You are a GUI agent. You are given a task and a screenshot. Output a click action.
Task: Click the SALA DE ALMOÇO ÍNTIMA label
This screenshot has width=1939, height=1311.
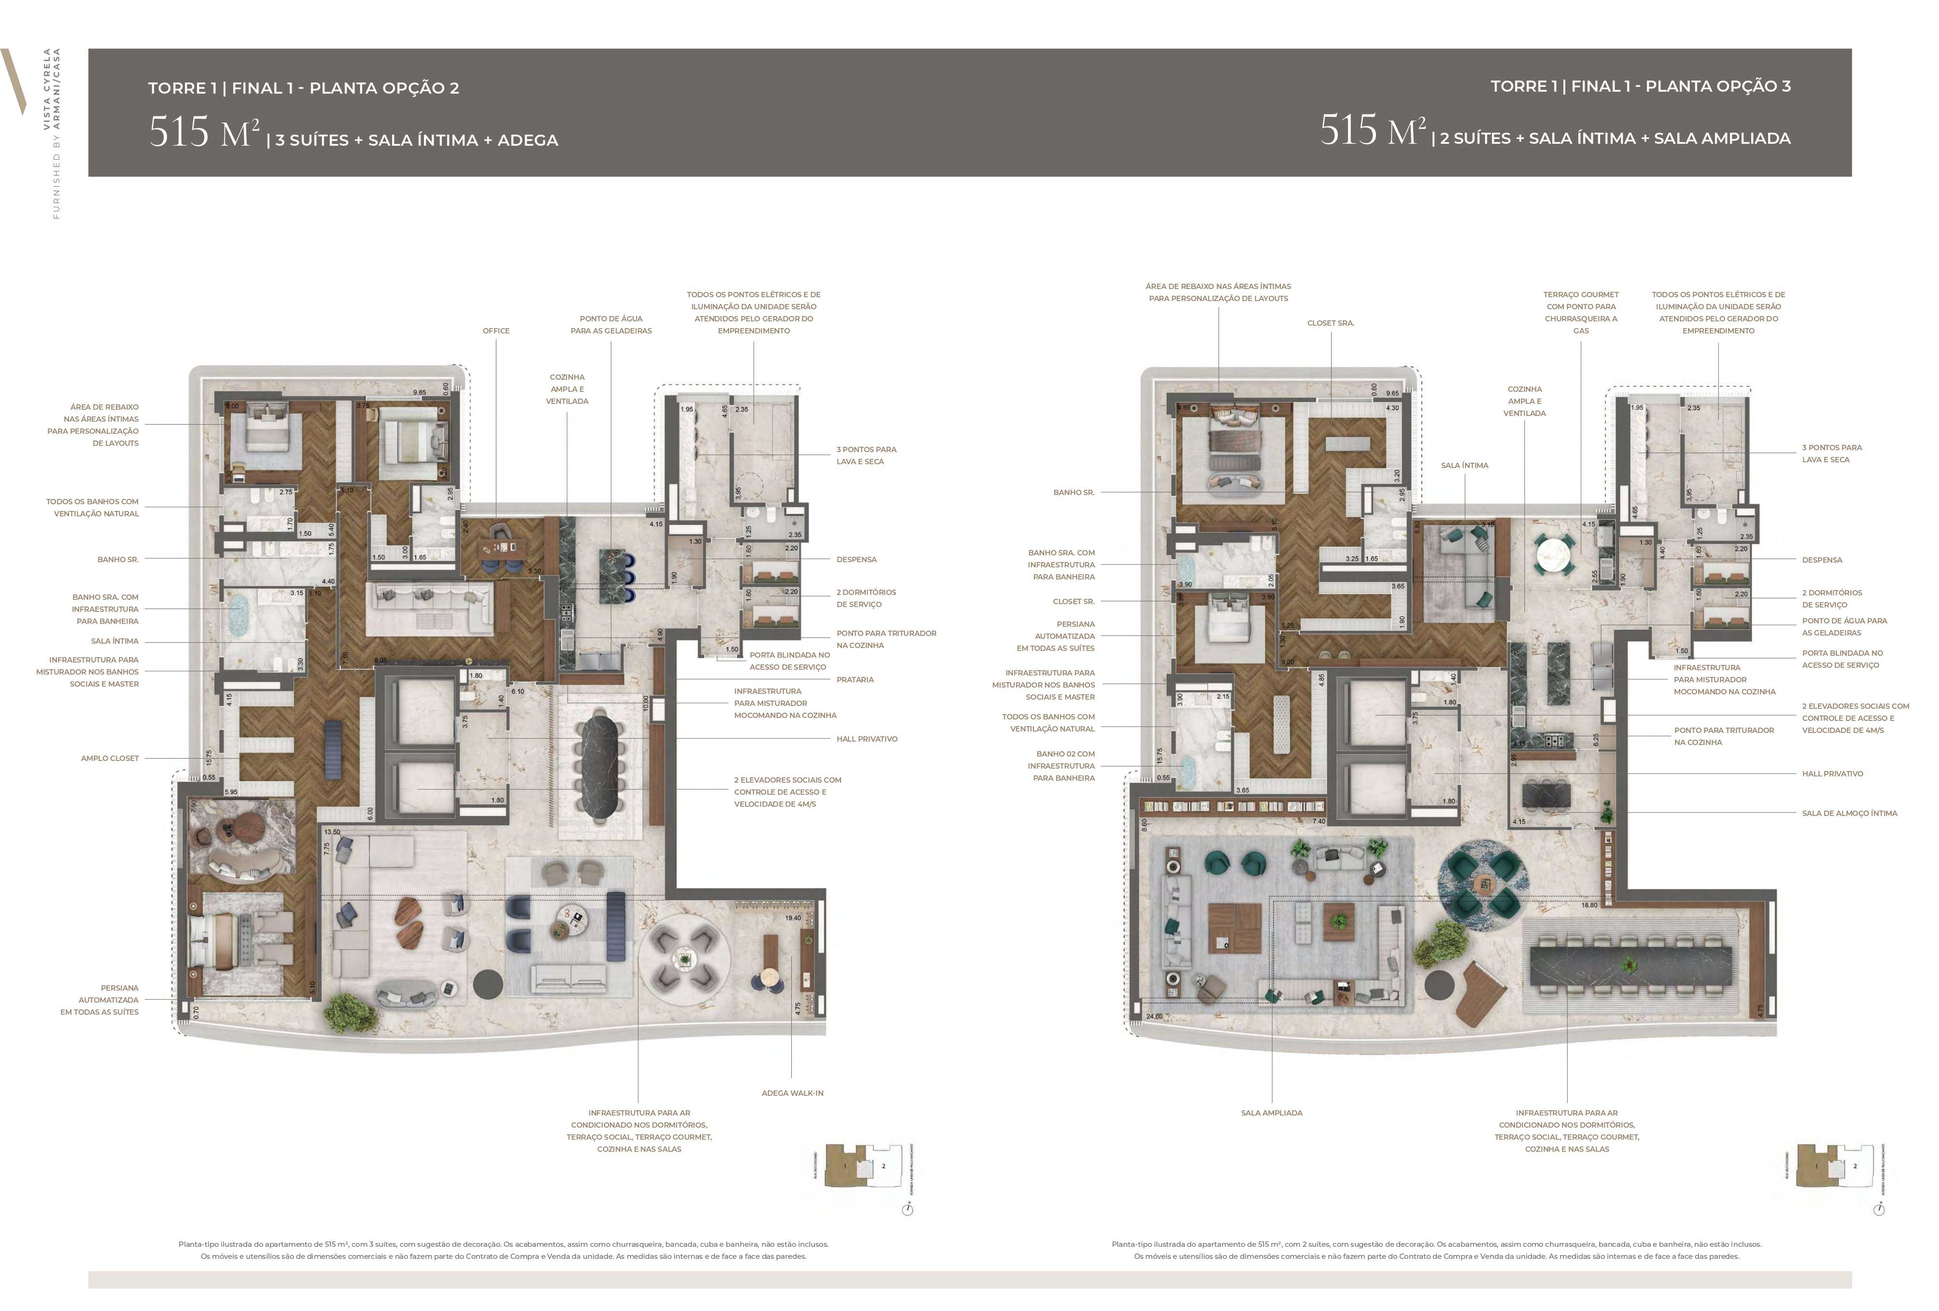1849,813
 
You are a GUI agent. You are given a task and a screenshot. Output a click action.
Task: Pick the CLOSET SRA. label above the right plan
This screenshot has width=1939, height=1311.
1330,323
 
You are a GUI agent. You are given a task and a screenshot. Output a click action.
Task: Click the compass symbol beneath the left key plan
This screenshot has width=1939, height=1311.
908,1209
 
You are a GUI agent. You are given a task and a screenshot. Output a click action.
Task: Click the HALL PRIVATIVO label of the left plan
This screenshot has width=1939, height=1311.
866,739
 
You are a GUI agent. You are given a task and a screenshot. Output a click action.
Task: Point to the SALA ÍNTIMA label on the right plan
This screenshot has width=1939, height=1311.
1464,465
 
